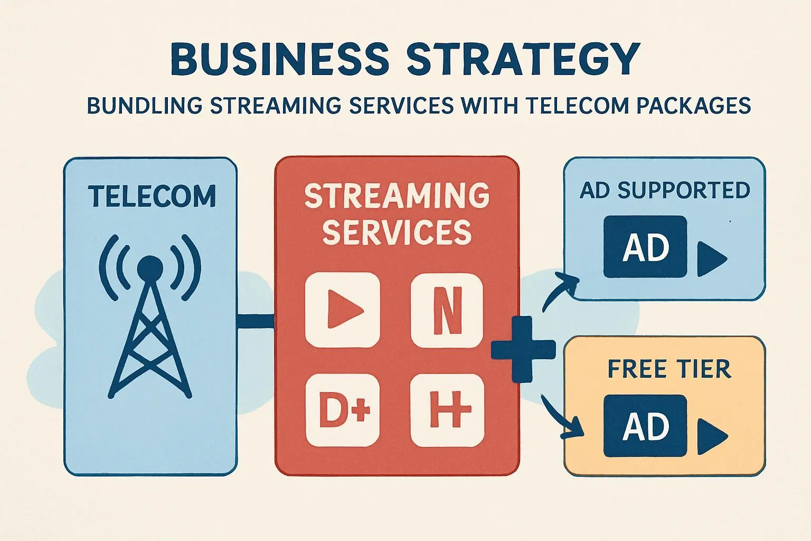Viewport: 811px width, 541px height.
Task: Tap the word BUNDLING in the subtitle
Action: pos(144,106)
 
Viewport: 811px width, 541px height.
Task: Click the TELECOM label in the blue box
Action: pos(152,196)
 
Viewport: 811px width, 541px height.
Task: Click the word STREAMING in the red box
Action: pos(397,195)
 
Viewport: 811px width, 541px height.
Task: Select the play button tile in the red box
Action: pos(343,310)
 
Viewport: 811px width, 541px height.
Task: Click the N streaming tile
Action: pos(447,310)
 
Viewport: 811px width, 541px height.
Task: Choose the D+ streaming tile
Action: pos(343,409)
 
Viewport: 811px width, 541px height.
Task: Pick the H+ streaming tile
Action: pos(447,409)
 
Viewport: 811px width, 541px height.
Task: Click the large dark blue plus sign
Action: pos(523,349)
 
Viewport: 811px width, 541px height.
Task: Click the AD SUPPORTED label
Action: pos(665,190)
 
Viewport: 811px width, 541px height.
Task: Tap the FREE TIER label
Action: pos(669,369)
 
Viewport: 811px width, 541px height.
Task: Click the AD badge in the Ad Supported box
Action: pos(645,247)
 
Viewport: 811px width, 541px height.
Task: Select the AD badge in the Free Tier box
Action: pos(645,426)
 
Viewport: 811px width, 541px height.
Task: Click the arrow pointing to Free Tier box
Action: pos(562,417)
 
